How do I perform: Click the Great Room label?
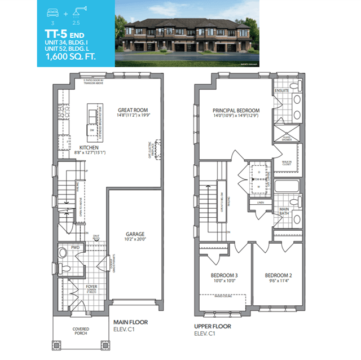coord(133,110)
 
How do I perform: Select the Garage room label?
coord(135,234)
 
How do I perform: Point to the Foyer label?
coord(92,287)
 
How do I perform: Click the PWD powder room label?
coord(75,248)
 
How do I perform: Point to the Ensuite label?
coord(281,90)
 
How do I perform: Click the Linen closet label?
coord(260,201)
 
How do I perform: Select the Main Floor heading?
coord(130,322)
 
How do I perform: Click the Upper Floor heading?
coord(213,326)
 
